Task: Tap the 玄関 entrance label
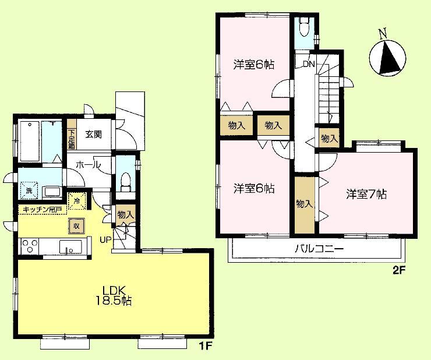[94, 134]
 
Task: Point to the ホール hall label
[89, 165]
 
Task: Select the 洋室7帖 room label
[366, 195]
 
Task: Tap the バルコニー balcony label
[319, 248]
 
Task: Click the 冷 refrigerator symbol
[77, 201]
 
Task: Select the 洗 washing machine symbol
[28, 190]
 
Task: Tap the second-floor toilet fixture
[303, 26]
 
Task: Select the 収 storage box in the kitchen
[76, 225]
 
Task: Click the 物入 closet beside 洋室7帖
[303, 204]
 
